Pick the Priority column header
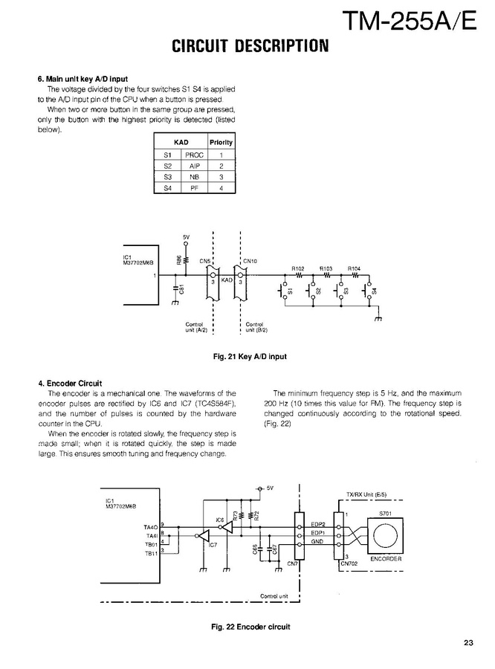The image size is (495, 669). click(221, 142)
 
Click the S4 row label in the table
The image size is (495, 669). click(167, 190)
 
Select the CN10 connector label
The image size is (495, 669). click(249, 261)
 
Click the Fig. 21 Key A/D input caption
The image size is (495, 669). click(250, 357)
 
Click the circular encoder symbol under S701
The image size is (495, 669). click(384, 536)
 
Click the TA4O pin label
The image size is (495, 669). click(151, 527)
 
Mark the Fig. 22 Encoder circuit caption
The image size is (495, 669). click(250, 626)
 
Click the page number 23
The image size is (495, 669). click(467, 644)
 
